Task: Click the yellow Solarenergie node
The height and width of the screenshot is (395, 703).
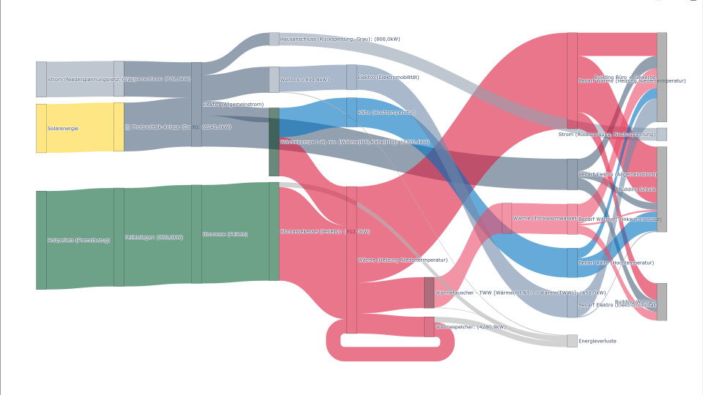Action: tap(41, 128)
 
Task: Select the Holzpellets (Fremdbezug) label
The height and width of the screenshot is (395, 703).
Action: tap(78, 240)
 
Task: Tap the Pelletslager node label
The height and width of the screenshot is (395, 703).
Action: tap(154, 237)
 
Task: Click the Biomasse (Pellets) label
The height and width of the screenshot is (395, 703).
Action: tap(225, 234)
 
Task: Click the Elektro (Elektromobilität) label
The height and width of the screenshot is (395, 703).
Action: tap(388, 77)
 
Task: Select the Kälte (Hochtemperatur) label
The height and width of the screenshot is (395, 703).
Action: tap(387, 113)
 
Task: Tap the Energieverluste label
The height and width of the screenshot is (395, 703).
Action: tap(597, 341)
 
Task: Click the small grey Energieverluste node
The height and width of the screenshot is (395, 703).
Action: tap(572, 341)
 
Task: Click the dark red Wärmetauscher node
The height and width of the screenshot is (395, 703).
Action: tap(429, 293)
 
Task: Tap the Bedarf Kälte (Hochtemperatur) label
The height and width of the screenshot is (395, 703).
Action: tap(616, 263)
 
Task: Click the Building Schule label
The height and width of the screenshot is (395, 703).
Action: tap(636, 189)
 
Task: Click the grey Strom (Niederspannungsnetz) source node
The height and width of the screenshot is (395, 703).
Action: tap(41, 79)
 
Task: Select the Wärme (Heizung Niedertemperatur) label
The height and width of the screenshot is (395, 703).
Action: tap(402, 260)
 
